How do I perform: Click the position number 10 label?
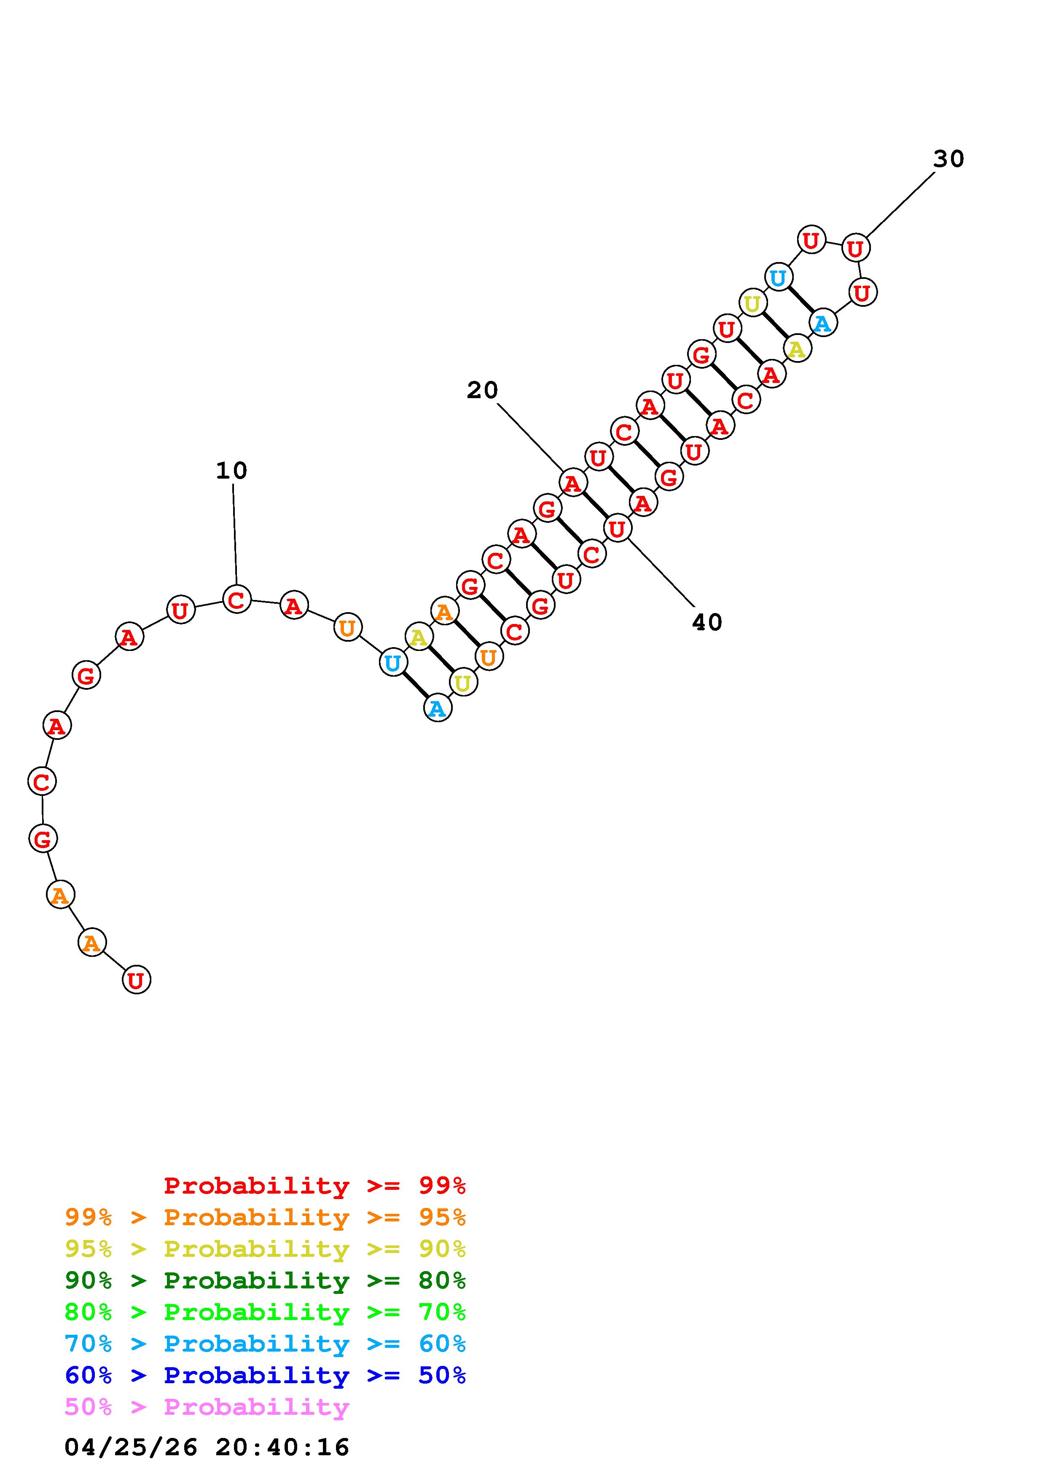coord(231,471)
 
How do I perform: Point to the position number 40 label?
coord(707,622)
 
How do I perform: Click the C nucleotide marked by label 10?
coord(236,599)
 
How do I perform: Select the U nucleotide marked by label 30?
coord(855,247)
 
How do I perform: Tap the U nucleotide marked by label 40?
coord(617,528)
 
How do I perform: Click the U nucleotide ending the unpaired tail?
coord(136,979)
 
